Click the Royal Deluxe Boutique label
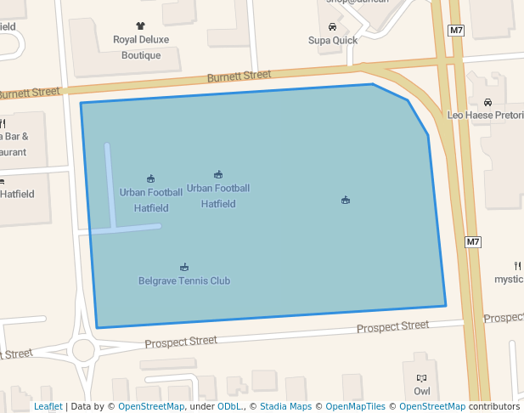coord(141,47)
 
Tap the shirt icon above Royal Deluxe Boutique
coord(141,26)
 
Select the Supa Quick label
coord(331,40)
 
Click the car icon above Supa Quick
coord(332,26)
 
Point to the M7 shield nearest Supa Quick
coord(457,31)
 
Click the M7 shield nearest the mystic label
coord(474,242)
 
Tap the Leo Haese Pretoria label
coord(485,115)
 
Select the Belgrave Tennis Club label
coord(184,280)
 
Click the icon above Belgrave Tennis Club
coord(184,267)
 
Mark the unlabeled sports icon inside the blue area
coord(346,200)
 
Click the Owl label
coord(422,391)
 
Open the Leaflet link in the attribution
coord(48,406)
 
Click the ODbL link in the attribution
coord(228,406)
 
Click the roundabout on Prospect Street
coord(83,349)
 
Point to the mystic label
coord(510,279)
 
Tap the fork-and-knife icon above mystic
coord(517,265)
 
